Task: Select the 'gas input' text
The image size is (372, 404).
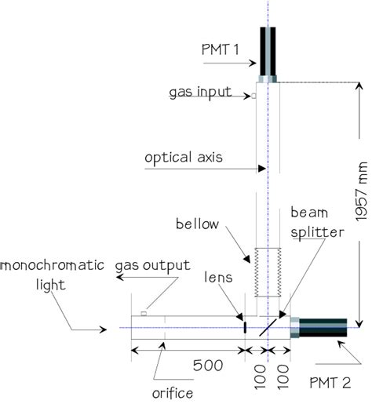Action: (x=200, y=92)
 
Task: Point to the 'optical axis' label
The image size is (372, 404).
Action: (x=184, y=157)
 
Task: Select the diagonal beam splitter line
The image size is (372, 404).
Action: (x=268, y=326)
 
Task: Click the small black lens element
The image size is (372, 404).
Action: (x=245, y=326)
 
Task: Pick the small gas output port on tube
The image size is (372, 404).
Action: (x=144, y=313)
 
